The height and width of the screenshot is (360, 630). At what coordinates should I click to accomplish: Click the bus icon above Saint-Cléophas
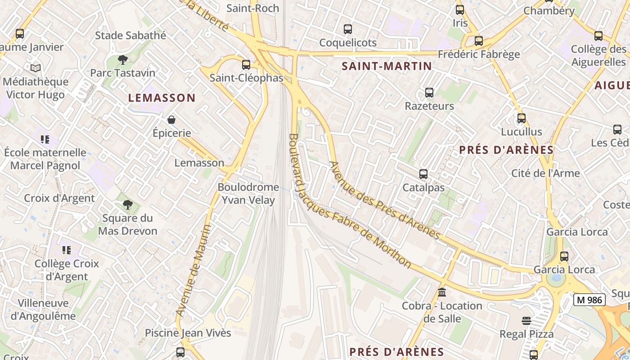click(246, 64)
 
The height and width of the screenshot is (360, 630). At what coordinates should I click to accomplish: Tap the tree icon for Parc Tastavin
click(122, 59)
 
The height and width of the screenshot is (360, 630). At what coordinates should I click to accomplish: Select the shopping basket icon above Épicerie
click(171, 120)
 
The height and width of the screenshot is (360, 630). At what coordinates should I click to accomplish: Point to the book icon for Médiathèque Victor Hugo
click(36, 68)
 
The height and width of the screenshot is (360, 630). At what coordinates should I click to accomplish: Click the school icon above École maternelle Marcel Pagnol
click(45, 139)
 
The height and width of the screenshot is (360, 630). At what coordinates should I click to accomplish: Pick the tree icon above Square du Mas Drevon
click(128, 205)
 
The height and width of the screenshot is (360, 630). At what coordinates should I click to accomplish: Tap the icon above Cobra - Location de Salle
click(442, 292)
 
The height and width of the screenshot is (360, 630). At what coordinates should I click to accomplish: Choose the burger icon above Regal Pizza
click(526, 321)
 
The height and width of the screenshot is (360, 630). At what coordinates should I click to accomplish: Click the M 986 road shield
click(589, 300)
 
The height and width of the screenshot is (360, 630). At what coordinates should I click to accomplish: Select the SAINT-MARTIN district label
click(387, 66)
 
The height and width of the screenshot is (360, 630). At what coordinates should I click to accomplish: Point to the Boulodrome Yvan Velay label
click(248, 193)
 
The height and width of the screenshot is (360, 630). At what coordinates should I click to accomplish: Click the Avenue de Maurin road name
click(193, 270)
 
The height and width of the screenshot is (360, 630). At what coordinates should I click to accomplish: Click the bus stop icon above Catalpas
click(423, 174)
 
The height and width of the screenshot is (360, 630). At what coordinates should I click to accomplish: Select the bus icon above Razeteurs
click(429, 93)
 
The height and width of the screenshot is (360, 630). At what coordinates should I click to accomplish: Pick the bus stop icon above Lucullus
click(521, 118)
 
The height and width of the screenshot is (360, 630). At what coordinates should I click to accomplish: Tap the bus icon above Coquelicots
click(347, 29)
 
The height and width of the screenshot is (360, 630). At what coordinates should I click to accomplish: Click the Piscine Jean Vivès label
click(188, 333)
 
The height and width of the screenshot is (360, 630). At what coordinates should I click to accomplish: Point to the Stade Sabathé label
click(130, 35)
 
